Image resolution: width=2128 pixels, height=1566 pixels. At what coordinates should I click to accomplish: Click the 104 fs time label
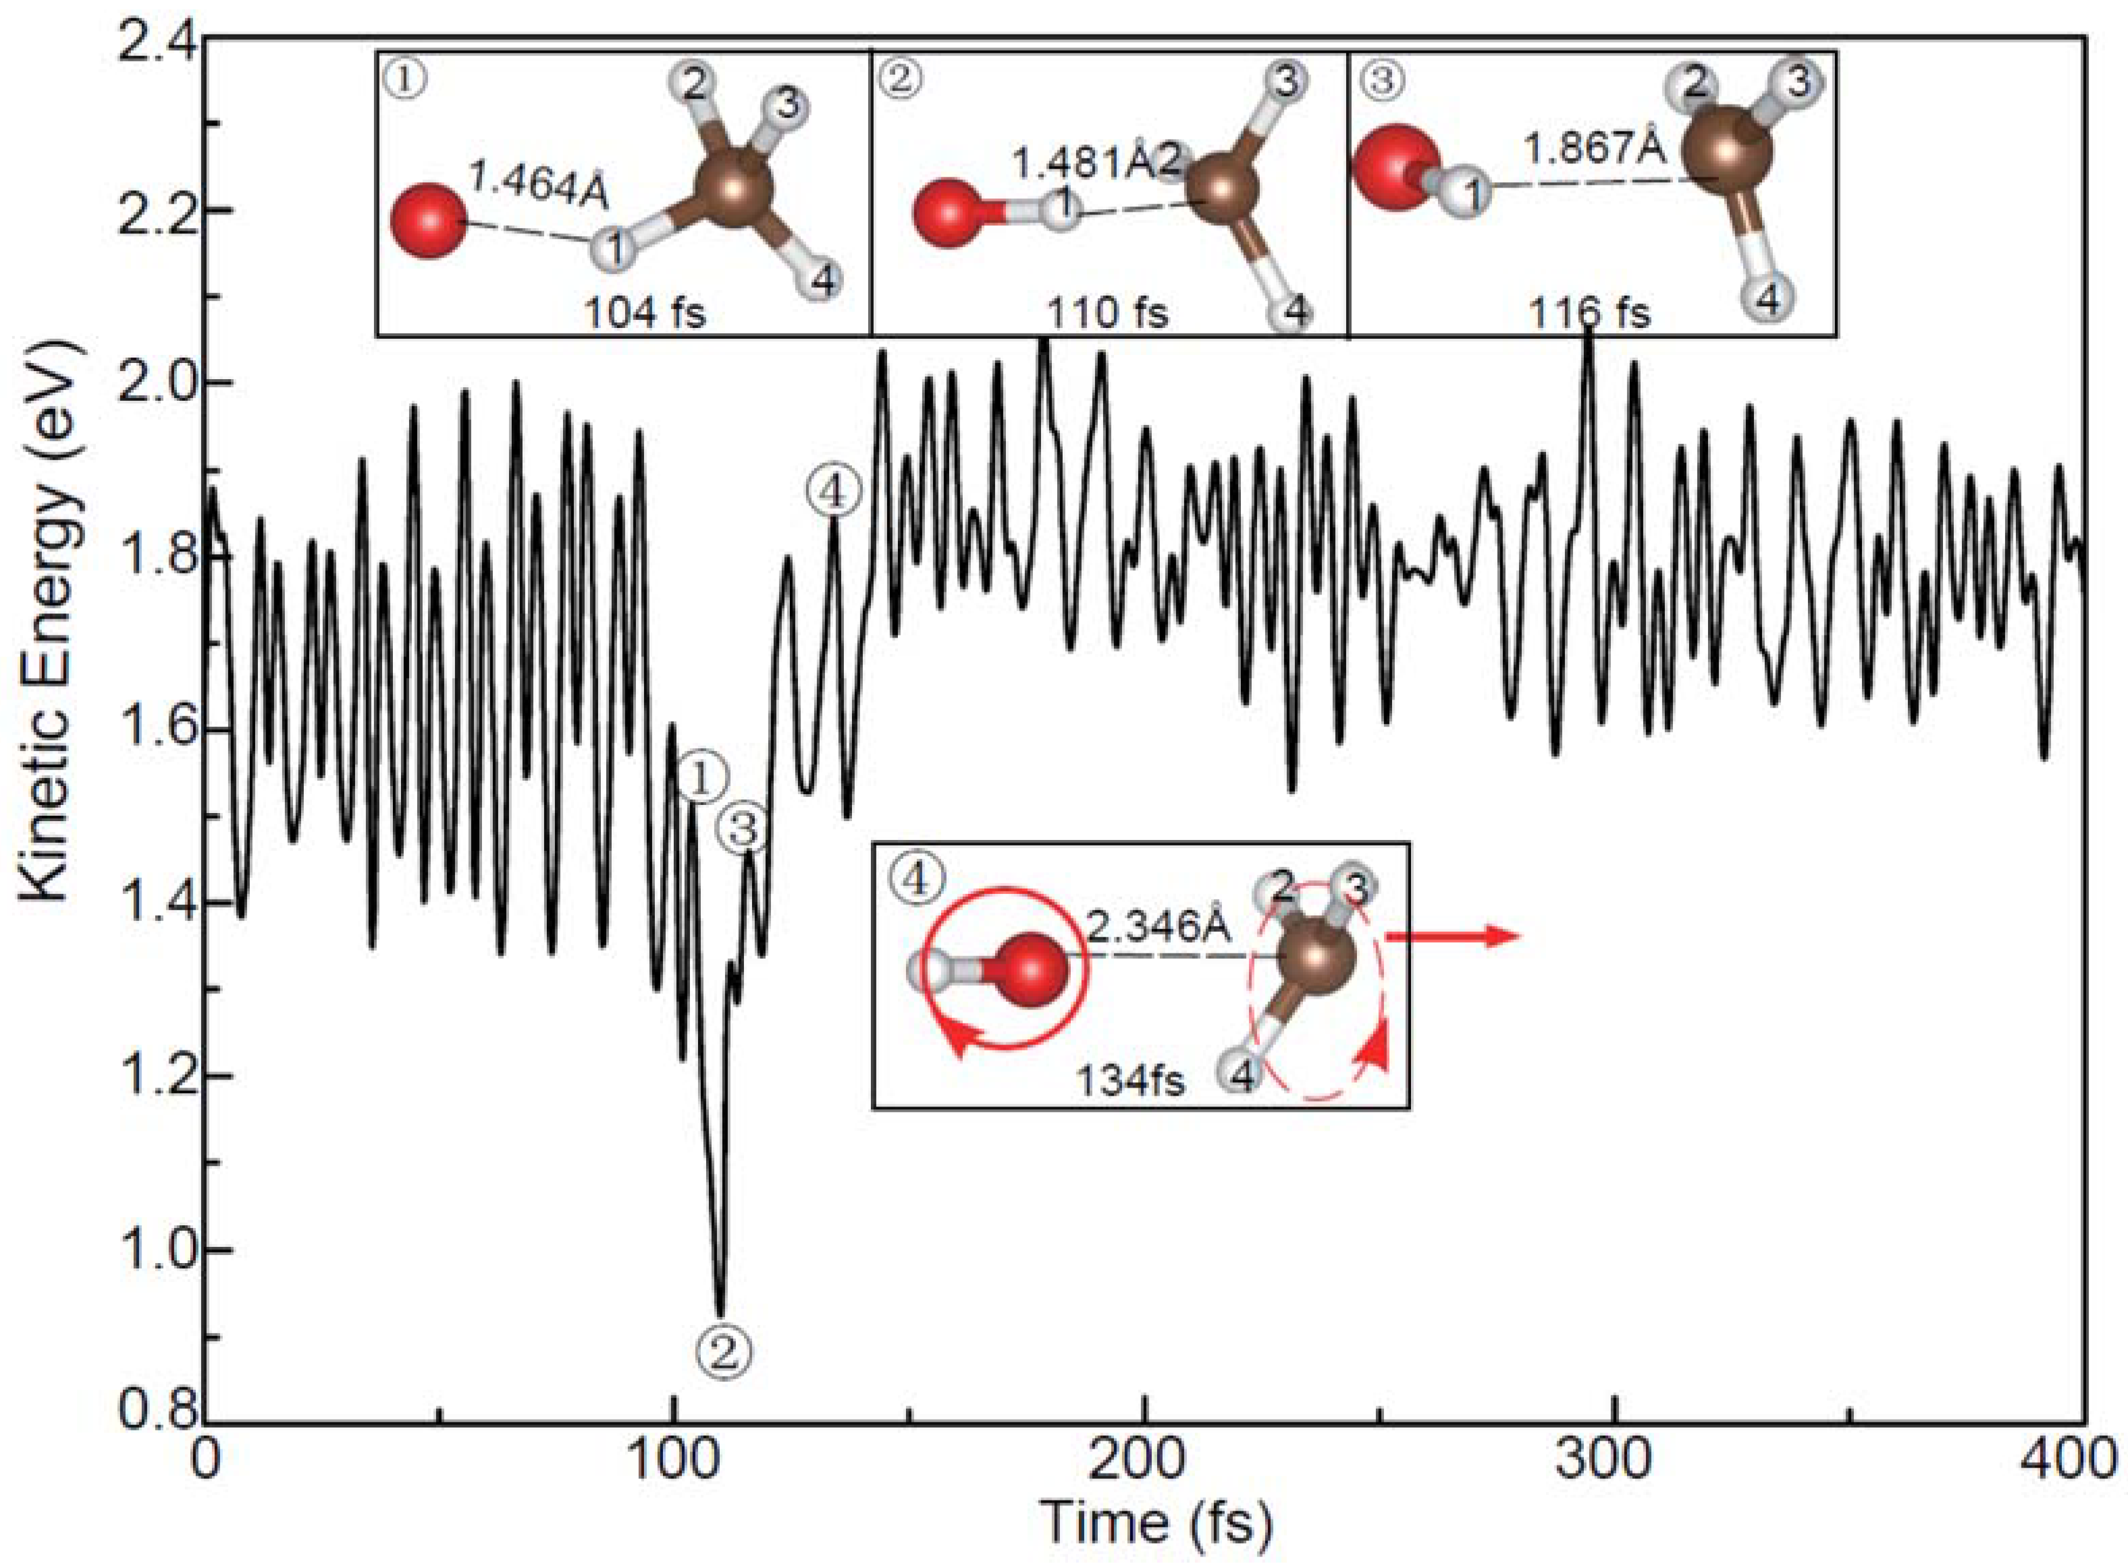[x=645, y=312]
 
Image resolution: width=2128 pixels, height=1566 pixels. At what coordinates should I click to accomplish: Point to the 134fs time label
[x=1130, y=1080]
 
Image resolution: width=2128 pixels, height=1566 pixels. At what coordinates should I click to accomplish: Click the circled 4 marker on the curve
[x=834, y=492]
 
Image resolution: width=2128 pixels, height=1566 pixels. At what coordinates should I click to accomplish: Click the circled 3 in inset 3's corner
[x=1383, y=80]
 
